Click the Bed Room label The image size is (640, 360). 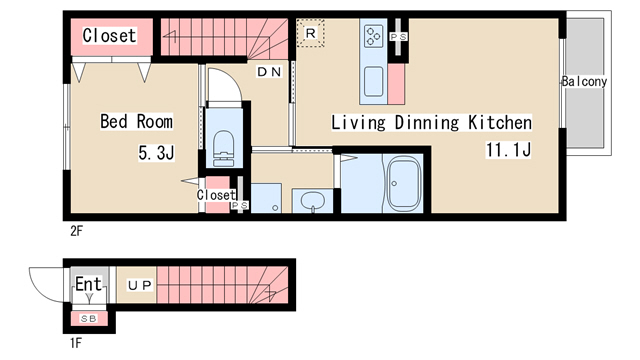pos(136,121)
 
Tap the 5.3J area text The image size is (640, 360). pos(156,153)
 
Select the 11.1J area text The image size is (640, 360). pos(508,149)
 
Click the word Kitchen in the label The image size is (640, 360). pos(500,122)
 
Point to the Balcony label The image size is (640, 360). pos(584,81)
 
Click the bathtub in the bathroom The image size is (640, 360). pos(404,182)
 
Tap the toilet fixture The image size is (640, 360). pos(223,148)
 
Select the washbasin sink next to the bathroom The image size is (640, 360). pos(313,201)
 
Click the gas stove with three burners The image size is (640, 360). pos(374,36)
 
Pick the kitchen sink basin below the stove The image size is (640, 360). pos(373,82)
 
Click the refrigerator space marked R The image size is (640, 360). pos(310,33)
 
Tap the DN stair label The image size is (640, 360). pos(269,72)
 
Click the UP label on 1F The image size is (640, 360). pos(140,285)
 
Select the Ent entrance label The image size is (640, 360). pos(88,284)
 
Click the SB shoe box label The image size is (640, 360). pos(89,318)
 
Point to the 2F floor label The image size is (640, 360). pos(76,231)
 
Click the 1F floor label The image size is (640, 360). pos(76,343)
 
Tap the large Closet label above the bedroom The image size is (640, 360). pos(109,36)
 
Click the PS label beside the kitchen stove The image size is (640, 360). pos(398,37)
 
